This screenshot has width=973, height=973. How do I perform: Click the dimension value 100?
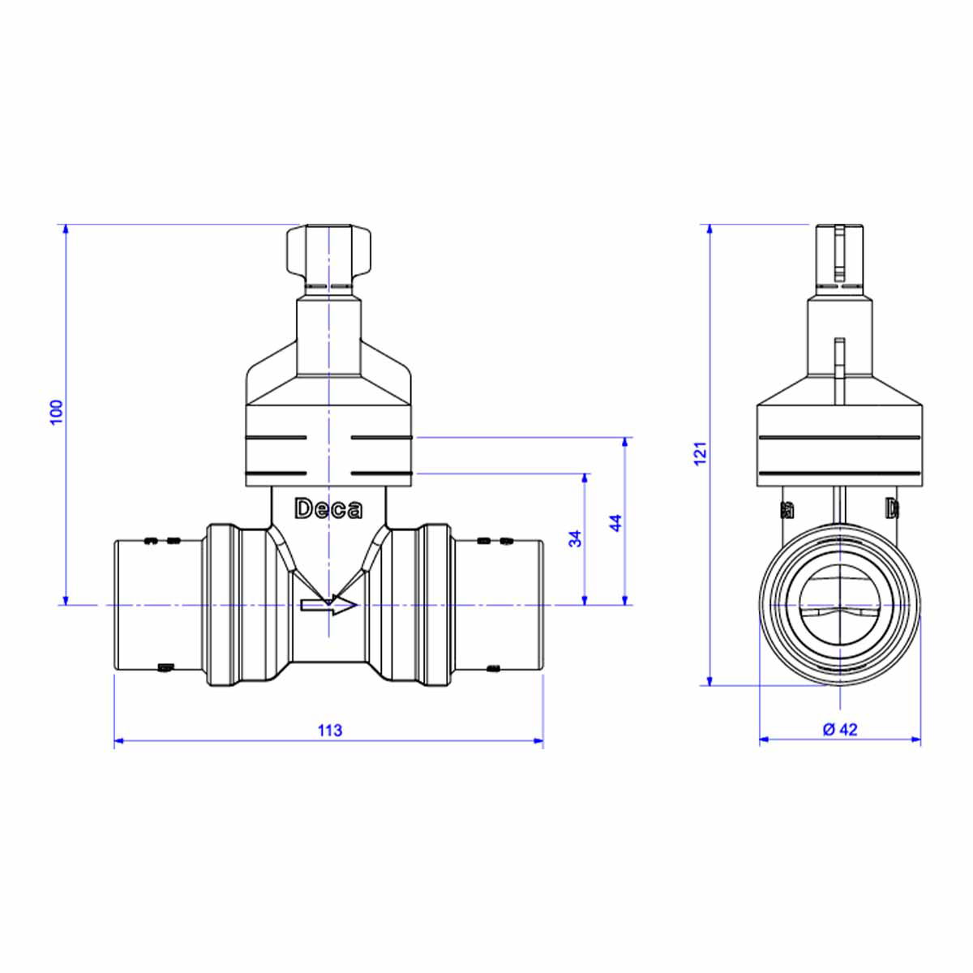point(58,412)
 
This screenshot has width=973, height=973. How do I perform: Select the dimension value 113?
point(330,731)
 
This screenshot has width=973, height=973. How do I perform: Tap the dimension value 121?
point(700,453)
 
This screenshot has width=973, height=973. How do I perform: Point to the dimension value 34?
point(575,538)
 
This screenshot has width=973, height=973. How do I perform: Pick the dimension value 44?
point(616,523)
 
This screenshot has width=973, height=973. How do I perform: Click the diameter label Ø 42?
point(840,730)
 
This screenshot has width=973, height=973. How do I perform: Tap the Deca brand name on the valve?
point(328,509)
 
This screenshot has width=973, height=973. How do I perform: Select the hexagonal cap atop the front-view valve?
point(328,251)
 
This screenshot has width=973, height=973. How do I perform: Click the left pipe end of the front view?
point(159,605)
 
